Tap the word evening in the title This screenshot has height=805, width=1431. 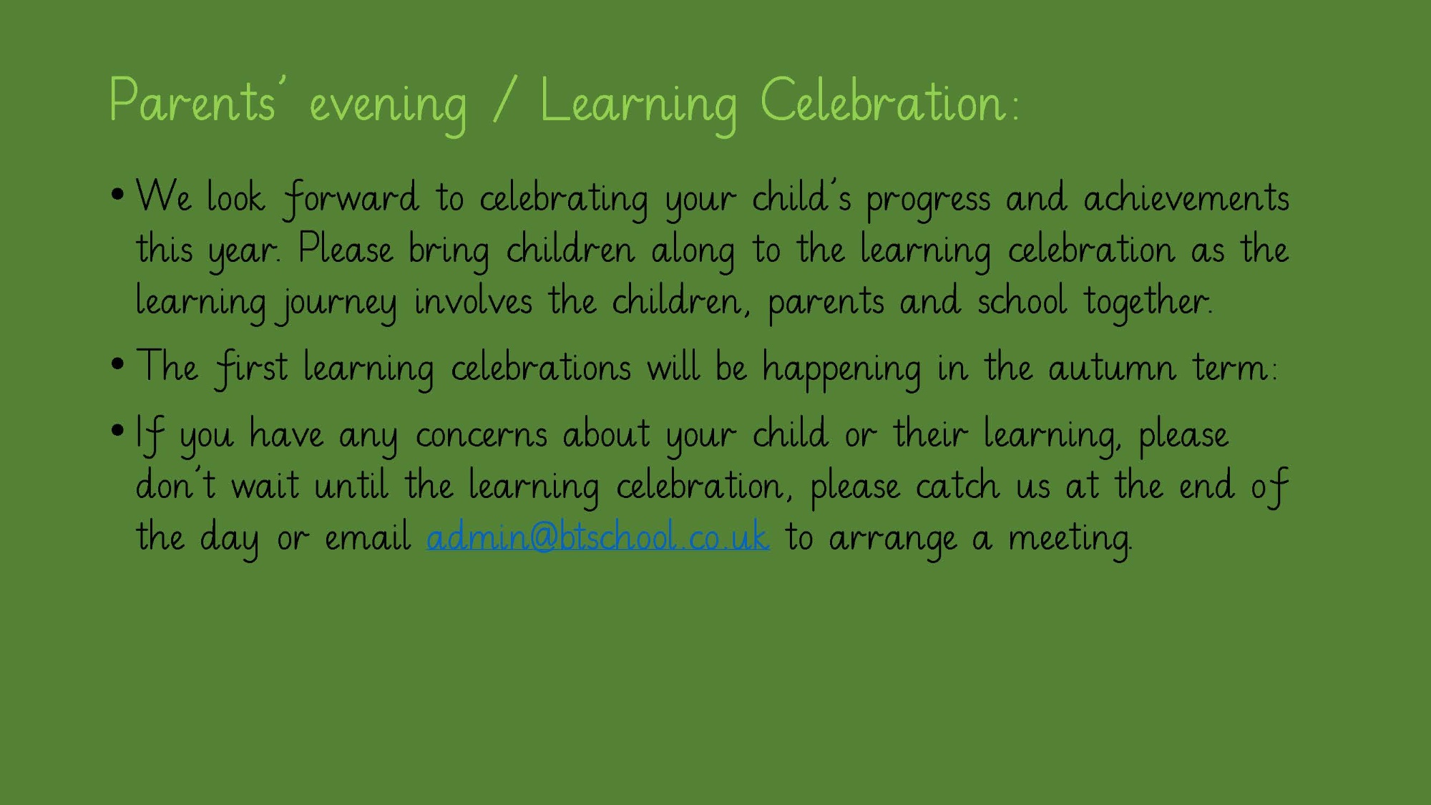pyautogui.click(x=388, y=107)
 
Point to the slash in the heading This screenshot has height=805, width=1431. pyautogui.click(x=503, y=102)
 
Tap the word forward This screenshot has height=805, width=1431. pyautogui.click(x=351, y=198)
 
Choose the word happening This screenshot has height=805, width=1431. pyautogui.click(x=841, y=370)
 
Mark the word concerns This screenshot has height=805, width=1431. pyautogui.click(x=482, y=435)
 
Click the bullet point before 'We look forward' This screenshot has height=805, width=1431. pyautogui.click(x=118, y=194)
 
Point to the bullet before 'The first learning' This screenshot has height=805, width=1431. pyautogui.click(x=118, y=364)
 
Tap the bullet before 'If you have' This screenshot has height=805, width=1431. pyautogui.click(x=118, y=430)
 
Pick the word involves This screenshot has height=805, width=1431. pyautogui.click(x=473, y=301)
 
